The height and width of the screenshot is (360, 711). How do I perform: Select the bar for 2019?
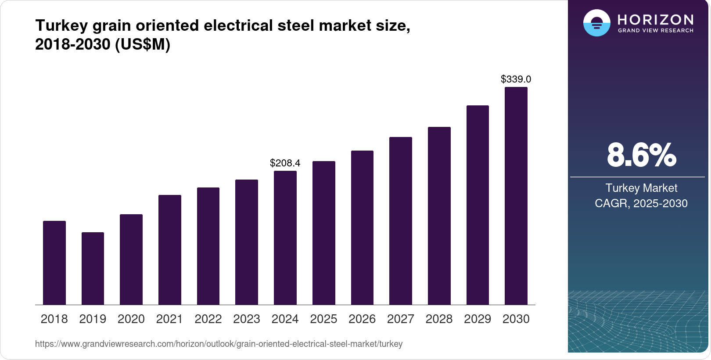tap(93, 268)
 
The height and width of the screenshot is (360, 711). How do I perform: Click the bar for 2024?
tap(285, 238)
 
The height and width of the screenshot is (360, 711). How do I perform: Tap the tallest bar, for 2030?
tap(516, 196)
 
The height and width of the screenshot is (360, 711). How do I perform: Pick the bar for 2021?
tap(170, 250)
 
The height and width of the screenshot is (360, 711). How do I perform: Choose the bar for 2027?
tap(401, 221)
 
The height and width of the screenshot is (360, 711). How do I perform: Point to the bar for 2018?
tap(54, 263)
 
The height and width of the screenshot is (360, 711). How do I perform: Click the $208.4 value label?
tap(285, 163)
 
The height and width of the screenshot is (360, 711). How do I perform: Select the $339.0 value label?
tap(516, 79)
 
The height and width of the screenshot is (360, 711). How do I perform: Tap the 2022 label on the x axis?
tap(208, 319)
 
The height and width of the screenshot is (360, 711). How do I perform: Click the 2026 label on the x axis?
tap(362, 319)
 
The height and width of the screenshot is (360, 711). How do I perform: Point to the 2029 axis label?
tap(478, 319)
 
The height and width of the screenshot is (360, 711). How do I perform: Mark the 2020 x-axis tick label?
tap(131, 319)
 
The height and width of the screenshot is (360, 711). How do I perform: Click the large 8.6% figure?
tap(641, 155)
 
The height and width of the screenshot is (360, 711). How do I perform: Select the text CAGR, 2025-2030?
tap(641, 204)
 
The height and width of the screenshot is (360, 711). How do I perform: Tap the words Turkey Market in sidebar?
tap(641, 188)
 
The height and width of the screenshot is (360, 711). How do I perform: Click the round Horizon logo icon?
tap(596, 23)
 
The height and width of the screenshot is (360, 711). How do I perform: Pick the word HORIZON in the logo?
tap(655, 20)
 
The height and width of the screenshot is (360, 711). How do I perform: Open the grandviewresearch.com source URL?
tap(219, 344)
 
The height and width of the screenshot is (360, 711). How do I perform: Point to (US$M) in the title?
tap(143, 45)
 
